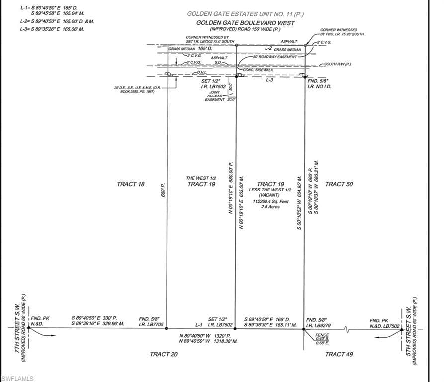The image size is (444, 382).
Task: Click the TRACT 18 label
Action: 131,184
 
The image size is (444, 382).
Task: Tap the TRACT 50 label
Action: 339,184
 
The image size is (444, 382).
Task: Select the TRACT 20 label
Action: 164,354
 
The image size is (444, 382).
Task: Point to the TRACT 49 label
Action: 339,354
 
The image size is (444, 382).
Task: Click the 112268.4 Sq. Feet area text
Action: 270,201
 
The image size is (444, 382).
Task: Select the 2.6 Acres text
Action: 270,207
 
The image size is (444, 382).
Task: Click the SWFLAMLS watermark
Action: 17,379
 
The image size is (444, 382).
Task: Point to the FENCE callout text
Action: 322,335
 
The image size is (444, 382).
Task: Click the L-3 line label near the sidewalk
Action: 270,80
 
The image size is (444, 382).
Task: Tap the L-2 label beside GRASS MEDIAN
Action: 268,48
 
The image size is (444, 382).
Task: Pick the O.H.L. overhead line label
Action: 202,72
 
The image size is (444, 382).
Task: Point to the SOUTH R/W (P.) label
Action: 338,64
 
